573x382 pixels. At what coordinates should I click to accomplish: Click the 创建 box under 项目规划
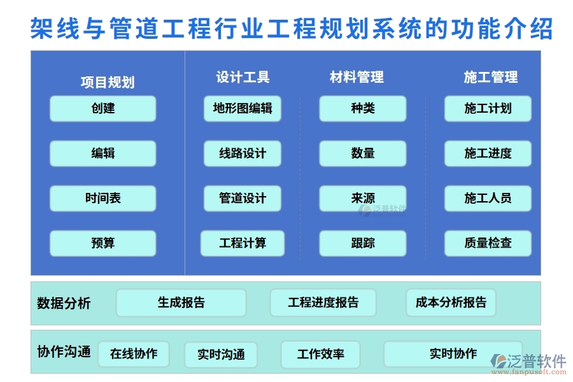tap(103, 109)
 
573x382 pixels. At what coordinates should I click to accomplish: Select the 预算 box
tap(103, 243)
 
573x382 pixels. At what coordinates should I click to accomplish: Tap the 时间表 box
tap(103, 199)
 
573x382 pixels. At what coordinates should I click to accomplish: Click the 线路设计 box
tap(242, 153)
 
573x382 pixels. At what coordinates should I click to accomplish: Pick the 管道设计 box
tap(242, 199)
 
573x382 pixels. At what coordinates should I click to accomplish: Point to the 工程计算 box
tap(242, 243)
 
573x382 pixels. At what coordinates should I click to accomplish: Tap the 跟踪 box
tap(362, 243)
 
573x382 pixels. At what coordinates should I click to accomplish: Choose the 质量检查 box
tap(488, 243)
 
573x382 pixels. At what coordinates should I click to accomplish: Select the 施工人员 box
tap(488, 199)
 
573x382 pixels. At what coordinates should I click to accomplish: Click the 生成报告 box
tap(181, 303)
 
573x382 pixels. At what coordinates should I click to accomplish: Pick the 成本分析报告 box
tap(451, 303)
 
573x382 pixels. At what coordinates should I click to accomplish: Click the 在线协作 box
tap(133, 354)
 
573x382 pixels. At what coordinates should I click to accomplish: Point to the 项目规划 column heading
tap(107, 82)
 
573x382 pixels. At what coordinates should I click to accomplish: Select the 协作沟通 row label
tap(64, 351)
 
